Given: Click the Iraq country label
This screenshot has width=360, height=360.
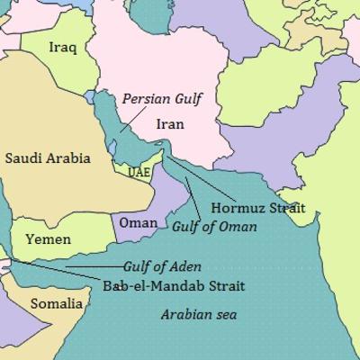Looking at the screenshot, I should [x=62, y=47].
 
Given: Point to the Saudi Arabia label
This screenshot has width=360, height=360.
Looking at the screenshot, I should [x=48, y=158].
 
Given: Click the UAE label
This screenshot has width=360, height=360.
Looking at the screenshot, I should [x=139, y=172].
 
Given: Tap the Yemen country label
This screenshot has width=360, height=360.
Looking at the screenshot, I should [x=48, y=239].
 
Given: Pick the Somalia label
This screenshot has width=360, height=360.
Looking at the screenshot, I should [x=57, y=303].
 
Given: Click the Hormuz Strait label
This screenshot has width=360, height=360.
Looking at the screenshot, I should [x=258, y=208].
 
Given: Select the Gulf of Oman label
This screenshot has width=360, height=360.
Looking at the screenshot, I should [x=214, y=227].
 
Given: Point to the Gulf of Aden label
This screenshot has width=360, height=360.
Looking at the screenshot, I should [x=162, y=267].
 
